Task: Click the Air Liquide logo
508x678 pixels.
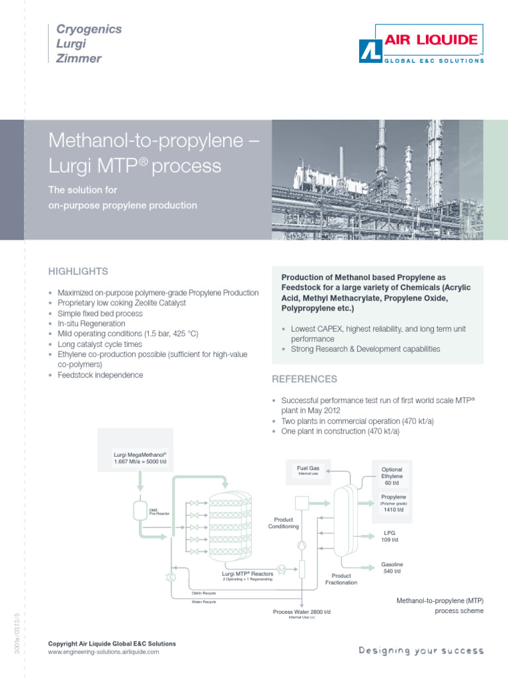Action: tap(421, 44)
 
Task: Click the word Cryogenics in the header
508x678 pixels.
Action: tap(89, 29)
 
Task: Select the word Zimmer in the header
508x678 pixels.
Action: tap(79, 58)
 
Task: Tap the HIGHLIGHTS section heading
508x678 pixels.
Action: tap(78, 271)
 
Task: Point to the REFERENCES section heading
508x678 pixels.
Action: tap(305, 379)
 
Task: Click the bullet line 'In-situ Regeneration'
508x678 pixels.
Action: tap(91, 324)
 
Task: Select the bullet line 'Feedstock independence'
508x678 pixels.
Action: tap(100, 375)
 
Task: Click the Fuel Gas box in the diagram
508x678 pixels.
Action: tap(308, 470)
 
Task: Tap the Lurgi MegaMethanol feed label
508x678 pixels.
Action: tap(140, 457)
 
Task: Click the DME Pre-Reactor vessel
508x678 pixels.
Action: tap(140, 510)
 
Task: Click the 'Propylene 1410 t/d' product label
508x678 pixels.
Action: tap(394, 503)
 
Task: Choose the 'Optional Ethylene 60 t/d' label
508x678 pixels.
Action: tap(392, 476)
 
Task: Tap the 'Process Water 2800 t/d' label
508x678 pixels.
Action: tap(302, 612)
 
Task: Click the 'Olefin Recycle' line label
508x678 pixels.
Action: tap(204, 592)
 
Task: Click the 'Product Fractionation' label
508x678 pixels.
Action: tap(341, 579)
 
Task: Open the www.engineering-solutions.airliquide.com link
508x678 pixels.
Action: tap(104, 652)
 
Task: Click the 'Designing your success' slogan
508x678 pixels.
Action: tap(421, 651)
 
